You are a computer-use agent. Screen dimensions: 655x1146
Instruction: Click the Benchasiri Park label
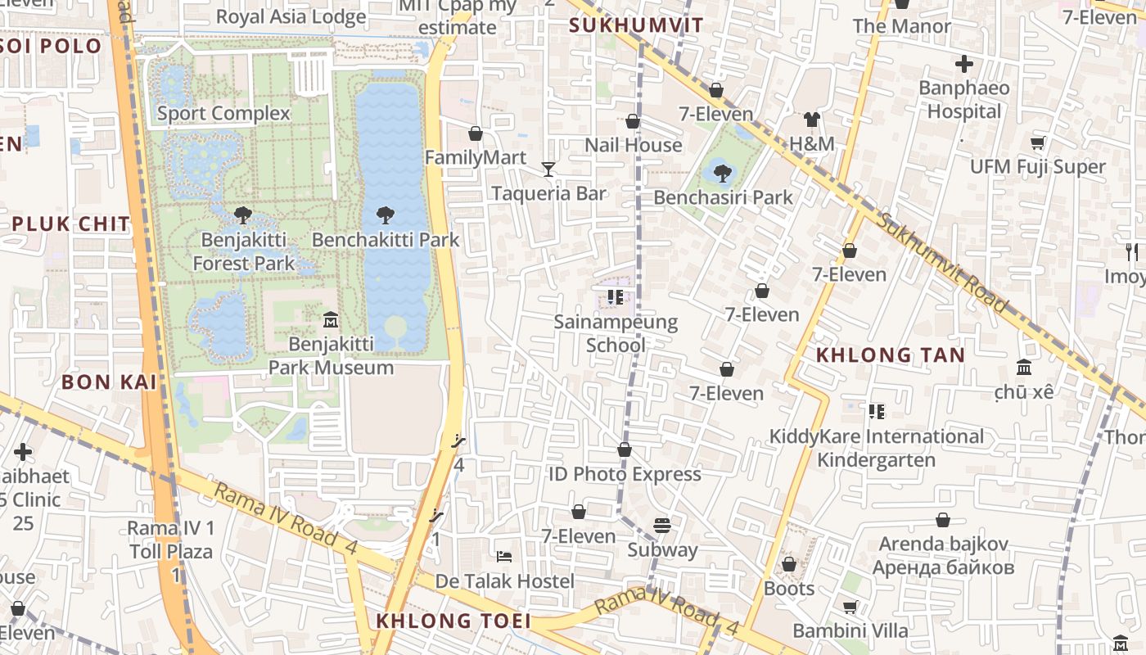coord(723,197)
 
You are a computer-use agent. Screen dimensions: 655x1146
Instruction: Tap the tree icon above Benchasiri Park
coord(722,173)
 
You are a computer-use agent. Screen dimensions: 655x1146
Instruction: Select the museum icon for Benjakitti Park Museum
coord(331,318)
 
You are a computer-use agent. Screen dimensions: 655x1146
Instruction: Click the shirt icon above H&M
coord(811,120)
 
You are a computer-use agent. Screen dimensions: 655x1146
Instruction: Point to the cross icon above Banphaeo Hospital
coord(964,63)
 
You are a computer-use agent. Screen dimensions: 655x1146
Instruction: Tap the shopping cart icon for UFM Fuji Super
coord(1038,143)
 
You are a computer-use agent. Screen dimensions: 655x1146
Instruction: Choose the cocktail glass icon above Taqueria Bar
coord(548,169)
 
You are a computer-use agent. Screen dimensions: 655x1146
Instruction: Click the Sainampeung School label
coord(616,333)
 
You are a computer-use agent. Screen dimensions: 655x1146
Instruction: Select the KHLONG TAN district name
coord(891,355)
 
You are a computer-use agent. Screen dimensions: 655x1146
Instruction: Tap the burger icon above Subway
coord(662,526)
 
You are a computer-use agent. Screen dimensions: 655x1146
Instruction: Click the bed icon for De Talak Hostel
coord(504,557)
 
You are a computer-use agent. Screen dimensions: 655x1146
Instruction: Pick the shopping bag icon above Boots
coord(789,564)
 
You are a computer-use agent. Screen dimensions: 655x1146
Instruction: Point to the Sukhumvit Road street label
coord(941,262)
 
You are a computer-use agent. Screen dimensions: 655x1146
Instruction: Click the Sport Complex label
coord(223,113)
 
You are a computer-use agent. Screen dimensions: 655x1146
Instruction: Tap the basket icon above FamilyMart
coord(476,133)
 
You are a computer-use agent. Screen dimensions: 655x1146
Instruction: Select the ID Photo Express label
coord(625,474)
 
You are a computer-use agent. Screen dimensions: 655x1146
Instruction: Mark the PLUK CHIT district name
coord(71,224)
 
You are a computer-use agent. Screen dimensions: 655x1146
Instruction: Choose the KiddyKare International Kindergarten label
coord(876,448)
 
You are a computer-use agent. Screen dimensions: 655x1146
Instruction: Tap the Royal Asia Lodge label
coord(291,16)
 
